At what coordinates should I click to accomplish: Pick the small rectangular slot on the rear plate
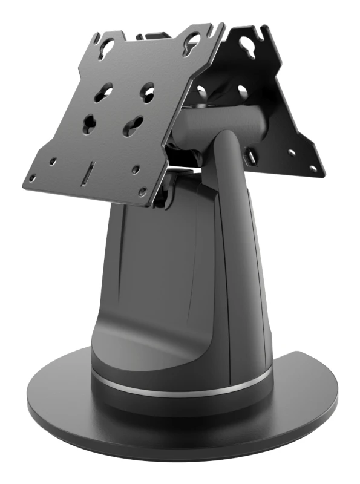click(x=249, y=159)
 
